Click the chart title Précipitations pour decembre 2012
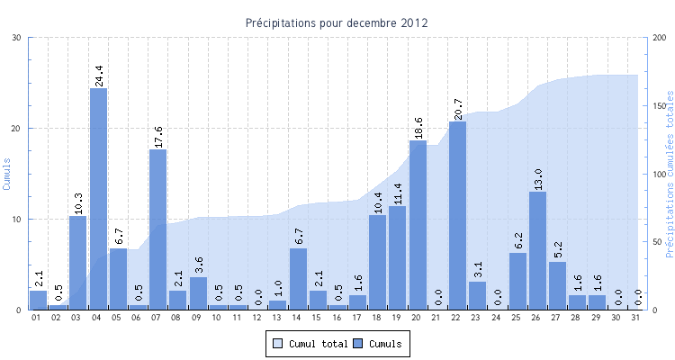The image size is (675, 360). pos(337,22)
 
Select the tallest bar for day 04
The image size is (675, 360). pos(98,198)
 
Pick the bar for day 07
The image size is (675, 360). pos(158,229)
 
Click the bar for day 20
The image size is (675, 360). pos(418,224)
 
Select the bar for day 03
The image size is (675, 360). pos(78,262)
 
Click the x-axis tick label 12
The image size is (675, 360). pos(257,318)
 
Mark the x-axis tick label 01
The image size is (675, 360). pos(37,318)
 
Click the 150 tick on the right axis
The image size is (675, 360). pos(660,106)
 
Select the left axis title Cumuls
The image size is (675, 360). pos(7,174)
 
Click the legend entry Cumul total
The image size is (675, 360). pos(310,343)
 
